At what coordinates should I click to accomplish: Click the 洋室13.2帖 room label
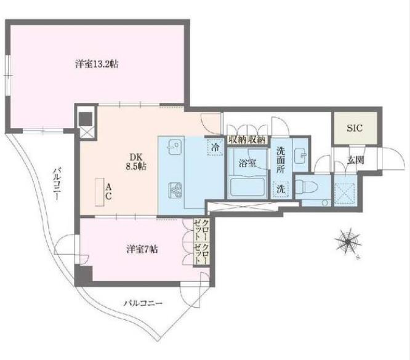(x=97, y=64)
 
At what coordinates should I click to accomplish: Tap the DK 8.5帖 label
(x=136, y=162)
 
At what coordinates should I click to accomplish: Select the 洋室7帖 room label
(x=142, y=249)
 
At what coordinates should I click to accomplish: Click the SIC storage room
(x=355, y=128)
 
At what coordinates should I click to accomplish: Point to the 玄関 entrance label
(x=356, y=160)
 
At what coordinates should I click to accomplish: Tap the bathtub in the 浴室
(x=247, y=187)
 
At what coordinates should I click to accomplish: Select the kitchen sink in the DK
(x=174, y=145)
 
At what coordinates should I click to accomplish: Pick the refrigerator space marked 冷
(x=215, y=148)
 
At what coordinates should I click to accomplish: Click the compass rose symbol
(x=348, y=242)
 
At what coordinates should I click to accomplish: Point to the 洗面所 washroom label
(x=281, y=159)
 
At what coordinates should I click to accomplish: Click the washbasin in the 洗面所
(x=301, y=156)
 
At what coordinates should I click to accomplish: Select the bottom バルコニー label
(x=143, y=303)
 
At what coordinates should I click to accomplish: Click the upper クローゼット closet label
(x=201, y=230)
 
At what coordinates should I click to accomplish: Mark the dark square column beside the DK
(x=86, y=119)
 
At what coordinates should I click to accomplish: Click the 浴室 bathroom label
(x=247, y=163)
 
